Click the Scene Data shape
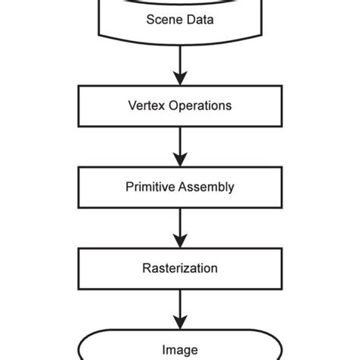[180, 20]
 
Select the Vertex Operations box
[180, 106]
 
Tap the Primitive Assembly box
[180, 187]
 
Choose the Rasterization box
[180, 268]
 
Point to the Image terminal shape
[180, 348]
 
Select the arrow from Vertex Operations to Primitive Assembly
[180, 146]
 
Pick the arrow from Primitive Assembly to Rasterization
[180, 227]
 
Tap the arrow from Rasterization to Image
[180, 308]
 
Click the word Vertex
[145, 106]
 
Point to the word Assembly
[205, 187]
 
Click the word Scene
[161, 19]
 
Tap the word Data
[200, 19]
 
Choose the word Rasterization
[180, 268]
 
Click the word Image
[180, 349]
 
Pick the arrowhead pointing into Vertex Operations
[180, 78]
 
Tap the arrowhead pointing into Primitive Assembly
[180, 160]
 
